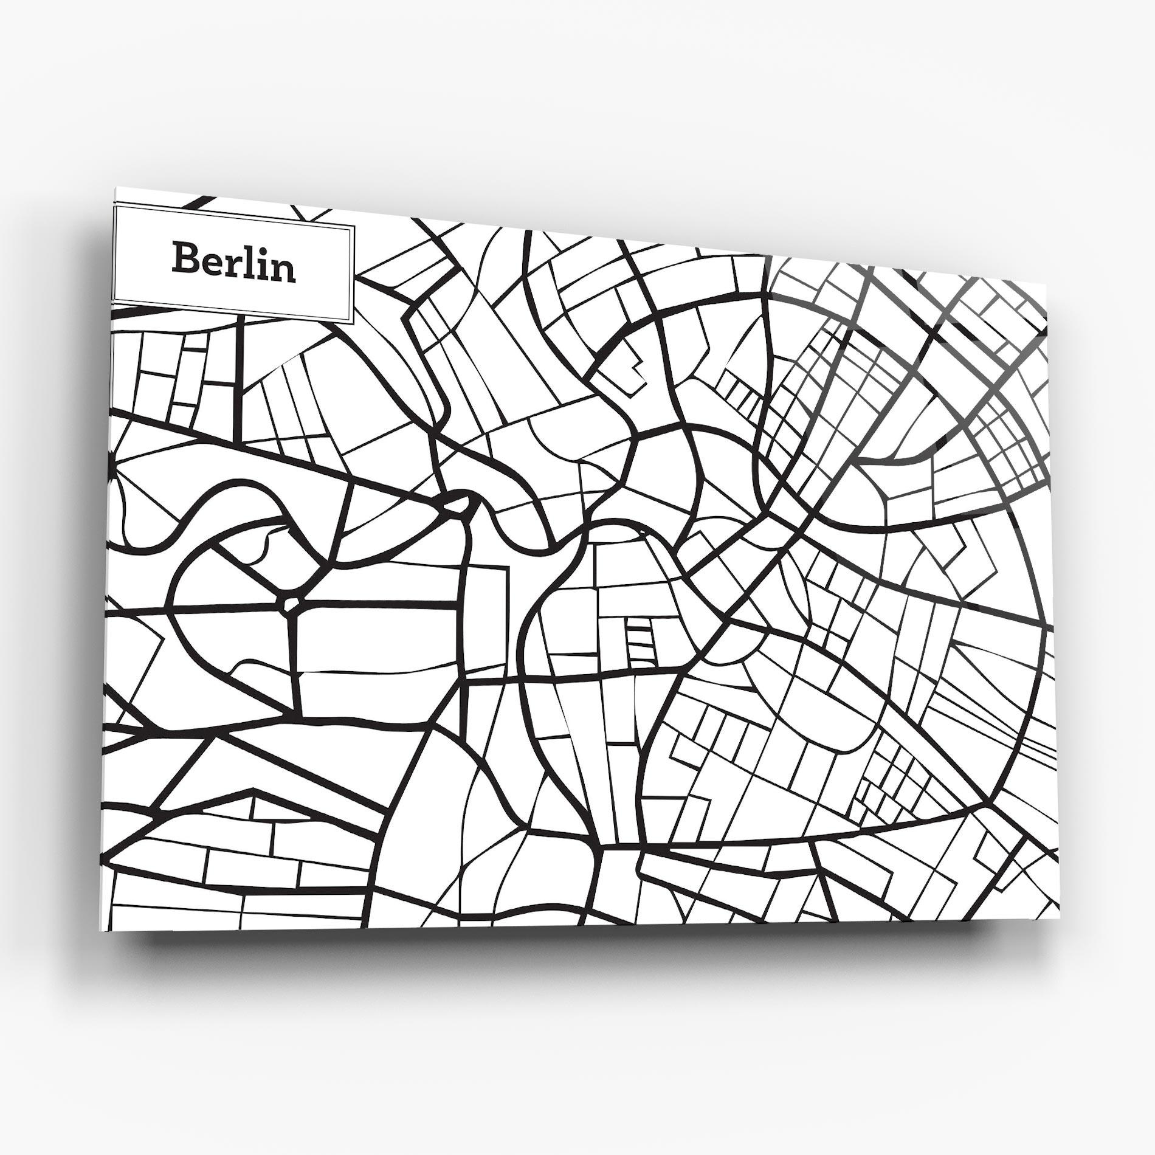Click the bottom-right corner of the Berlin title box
tap(354, 322)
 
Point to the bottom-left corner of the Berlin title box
tap(114, 301)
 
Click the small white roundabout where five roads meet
tap(291, 603)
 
